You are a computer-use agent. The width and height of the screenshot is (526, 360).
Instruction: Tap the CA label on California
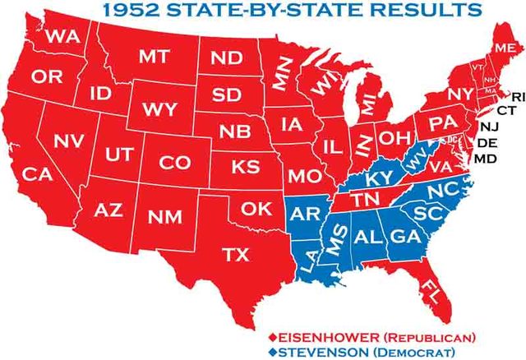pos(37,174)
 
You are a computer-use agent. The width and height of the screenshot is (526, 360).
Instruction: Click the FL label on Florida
pos(430,288)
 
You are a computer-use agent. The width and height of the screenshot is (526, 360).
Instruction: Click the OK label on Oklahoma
pos(256,209)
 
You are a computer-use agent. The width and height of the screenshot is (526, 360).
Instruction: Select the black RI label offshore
pos(517,98)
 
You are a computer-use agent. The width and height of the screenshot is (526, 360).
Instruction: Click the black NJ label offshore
pos(489,127)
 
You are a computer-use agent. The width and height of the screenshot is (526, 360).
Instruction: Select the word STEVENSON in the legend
pos(323,352)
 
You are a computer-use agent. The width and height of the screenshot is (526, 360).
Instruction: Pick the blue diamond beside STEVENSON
pos(273,352)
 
